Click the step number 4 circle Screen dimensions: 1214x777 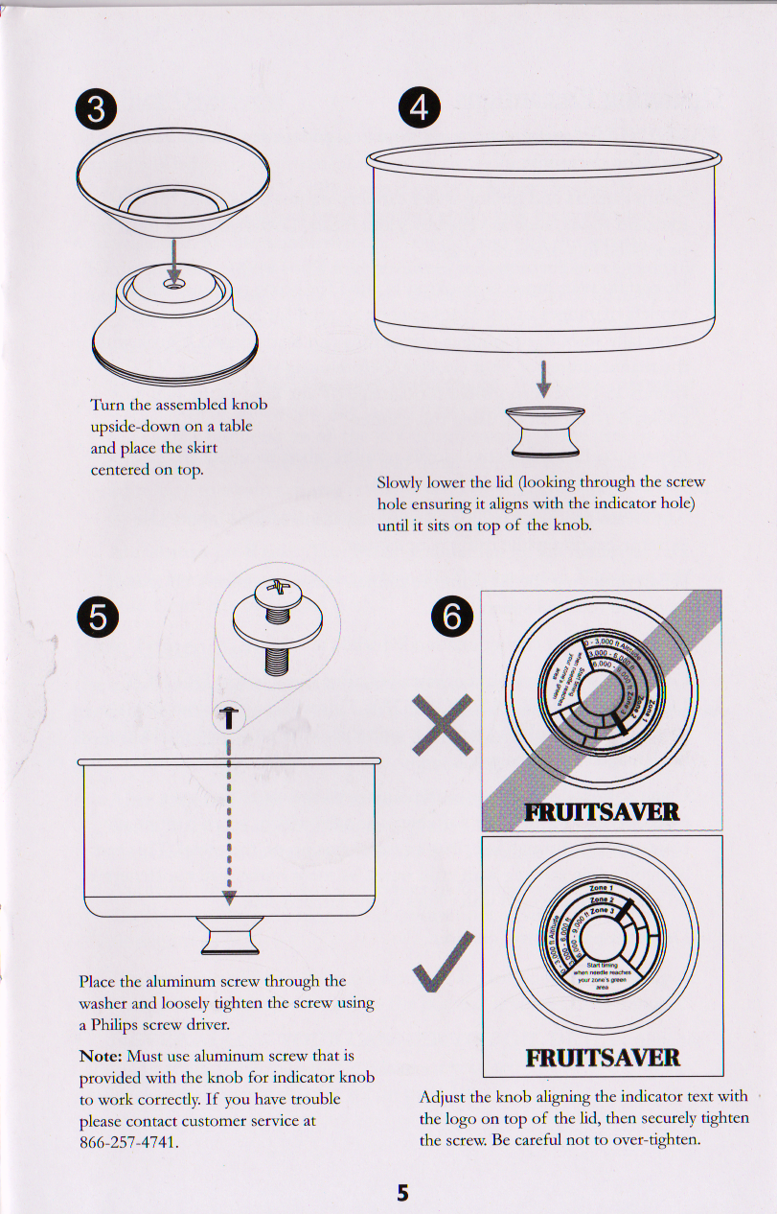(x=419, y=108)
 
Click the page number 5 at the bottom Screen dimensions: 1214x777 (x=402, y=1193)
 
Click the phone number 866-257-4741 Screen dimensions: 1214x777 (x=129, y=1142)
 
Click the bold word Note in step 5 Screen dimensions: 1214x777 (x=101, y=1056)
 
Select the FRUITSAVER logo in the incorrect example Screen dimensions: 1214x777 (x=602, y=813)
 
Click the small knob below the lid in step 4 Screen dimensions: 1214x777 (x=544, y=429)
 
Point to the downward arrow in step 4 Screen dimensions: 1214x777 (x=544, y=377)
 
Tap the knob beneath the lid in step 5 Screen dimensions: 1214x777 (x=229, y=934)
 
